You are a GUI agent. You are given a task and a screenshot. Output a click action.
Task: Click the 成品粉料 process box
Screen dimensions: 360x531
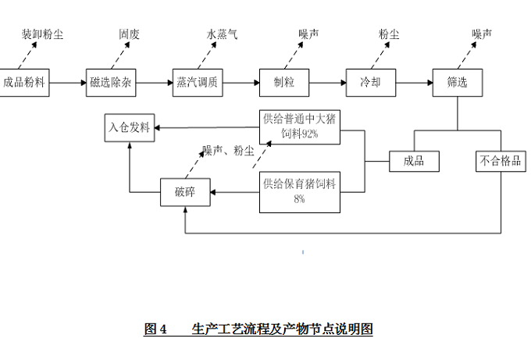[24, 82]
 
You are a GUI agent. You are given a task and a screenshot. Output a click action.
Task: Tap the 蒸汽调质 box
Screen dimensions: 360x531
[198, 82]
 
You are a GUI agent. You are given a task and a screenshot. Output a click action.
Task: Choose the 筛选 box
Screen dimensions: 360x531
[458, 82]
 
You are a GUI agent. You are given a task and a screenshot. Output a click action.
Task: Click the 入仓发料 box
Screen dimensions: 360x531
[130, 127]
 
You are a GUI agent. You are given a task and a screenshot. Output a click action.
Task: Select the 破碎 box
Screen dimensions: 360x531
[185, 193]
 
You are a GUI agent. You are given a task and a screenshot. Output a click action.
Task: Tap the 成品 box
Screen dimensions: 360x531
[414, 162]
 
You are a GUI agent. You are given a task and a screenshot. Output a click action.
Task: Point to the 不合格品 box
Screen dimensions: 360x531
[501, 162]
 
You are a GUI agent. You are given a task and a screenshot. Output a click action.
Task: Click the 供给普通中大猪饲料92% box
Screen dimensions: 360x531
[301, 126]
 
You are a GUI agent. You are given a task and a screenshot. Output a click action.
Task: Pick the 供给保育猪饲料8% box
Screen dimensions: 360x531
[300, 191]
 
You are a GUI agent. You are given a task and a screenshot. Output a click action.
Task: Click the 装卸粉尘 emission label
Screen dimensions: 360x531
[42, 34]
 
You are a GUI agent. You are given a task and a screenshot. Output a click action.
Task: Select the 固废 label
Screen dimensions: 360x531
[130, 34]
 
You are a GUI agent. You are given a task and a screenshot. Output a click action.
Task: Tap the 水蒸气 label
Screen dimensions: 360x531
[222, 34]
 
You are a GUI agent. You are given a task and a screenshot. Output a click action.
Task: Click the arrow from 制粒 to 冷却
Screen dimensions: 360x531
[328, 82]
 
